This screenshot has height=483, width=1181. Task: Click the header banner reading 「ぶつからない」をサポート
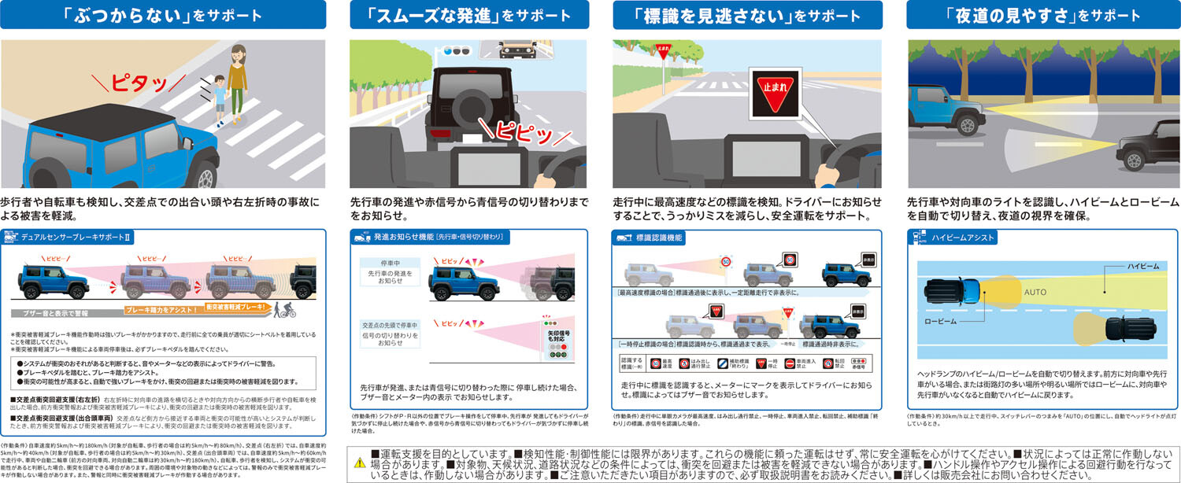pos(163,15)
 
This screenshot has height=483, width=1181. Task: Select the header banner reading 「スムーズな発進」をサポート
pos(469,15)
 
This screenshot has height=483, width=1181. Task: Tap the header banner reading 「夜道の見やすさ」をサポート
pos(1042,15)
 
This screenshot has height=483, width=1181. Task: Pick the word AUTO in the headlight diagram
pos(1034,292)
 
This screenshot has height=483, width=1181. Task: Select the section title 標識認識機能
pos(659,237)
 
